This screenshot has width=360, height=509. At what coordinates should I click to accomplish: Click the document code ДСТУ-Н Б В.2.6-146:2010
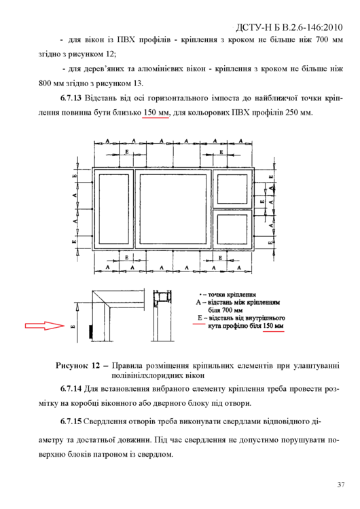tap(289, 28)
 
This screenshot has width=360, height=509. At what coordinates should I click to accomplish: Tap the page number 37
tap(341, 485)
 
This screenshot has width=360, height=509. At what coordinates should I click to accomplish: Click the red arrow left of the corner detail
tap(45, 326)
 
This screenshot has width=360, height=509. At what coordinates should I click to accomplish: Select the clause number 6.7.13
tap(71, 98)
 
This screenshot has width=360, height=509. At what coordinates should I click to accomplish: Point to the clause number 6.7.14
tap(71, 389)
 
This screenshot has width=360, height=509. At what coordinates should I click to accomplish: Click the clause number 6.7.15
tap(71, 421)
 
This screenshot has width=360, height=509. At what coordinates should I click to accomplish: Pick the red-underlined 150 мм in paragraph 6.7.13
tap(156, 113)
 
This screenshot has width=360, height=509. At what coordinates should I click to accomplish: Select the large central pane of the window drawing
tap(173, 209)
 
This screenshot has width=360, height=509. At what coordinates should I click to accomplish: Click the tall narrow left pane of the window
tap(113, 209)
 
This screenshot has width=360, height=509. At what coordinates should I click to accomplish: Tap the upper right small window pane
tap(232, 189)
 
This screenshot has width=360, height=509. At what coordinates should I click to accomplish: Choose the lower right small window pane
tap(232, 229)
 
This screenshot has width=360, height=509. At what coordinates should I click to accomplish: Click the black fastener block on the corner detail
tap(90, 331)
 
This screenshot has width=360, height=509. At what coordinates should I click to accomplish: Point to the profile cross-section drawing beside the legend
tap(162, 316)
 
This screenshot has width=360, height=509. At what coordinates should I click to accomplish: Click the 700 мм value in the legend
tap(226, 310)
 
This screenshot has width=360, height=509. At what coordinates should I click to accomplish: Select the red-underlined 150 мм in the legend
tap(273, 326)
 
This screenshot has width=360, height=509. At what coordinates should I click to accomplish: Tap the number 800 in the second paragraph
tap(45, 83)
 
